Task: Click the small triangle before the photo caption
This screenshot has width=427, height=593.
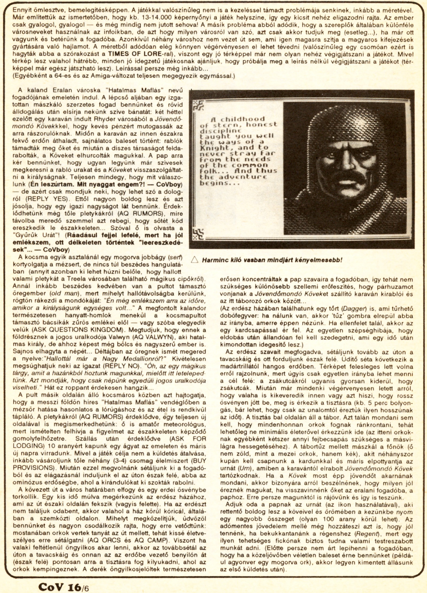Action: [x=194, y=260]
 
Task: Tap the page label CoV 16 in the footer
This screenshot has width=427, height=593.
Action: [x=60, y=585]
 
